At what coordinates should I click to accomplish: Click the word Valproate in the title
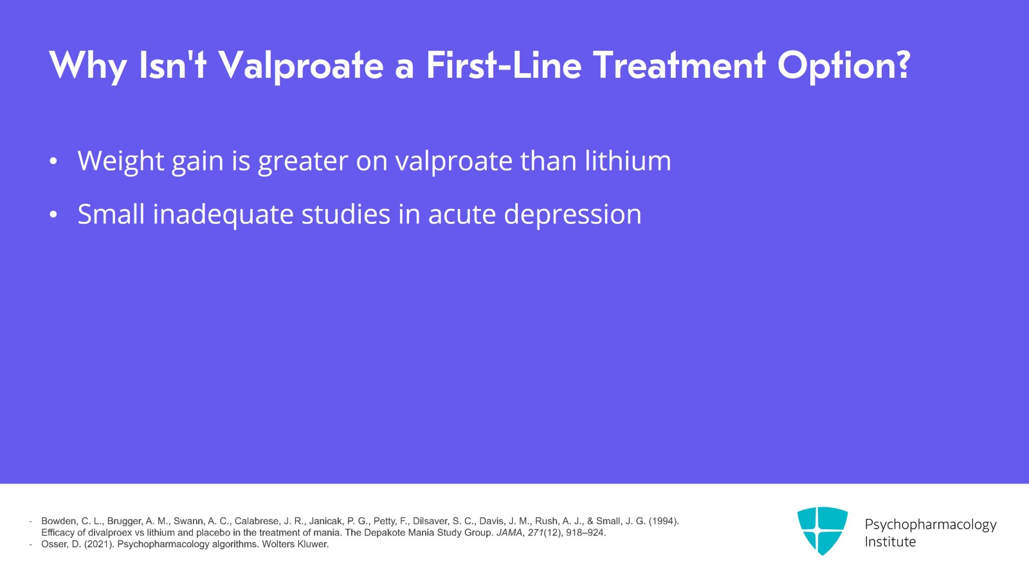click(301, 66)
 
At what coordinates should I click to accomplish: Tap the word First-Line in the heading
click(503, 66)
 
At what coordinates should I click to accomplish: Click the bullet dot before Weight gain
click(53, 161)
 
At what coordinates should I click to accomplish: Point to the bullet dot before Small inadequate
click(53, 215)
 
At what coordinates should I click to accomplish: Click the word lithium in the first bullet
click(628, 161)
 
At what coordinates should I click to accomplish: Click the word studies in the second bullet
click(345, 214)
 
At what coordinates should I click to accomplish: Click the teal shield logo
click(822, 530)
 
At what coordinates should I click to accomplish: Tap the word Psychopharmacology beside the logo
click(930, 525)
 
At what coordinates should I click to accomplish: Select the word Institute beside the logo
click(890, 542)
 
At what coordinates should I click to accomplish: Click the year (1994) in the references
click(663, 521)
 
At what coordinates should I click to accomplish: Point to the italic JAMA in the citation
click(509, 532)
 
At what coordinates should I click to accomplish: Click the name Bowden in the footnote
click(58, 521)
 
